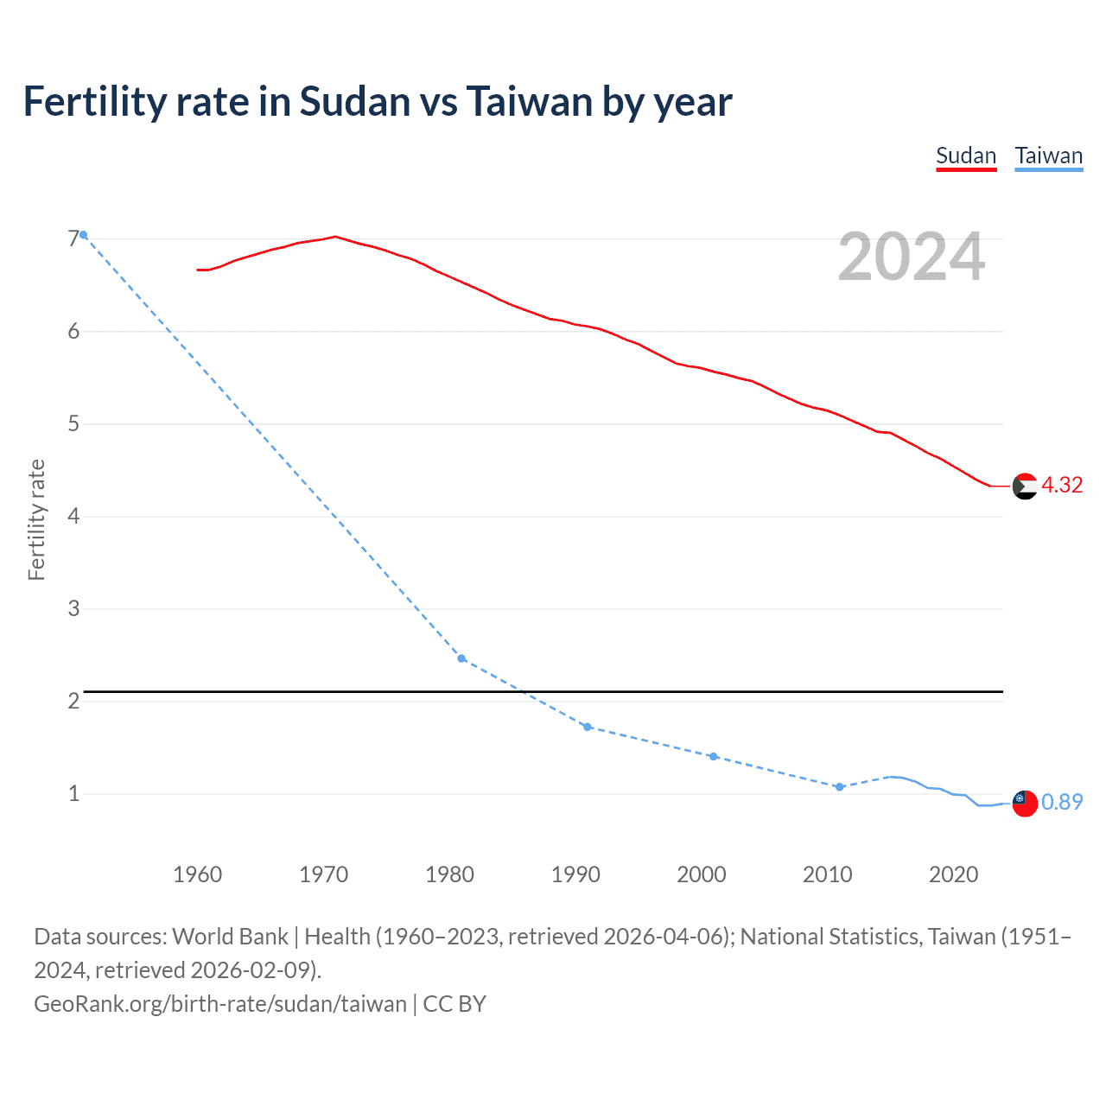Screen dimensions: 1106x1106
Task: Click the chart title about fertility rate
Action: [378, 102]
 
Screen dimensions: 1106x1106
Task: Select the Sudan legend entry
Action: [966, 156]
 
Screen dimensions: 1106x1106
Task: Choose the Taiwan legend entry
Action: [1048, 156]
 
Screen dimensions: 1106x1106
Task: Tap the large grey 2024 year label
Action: [911, 257]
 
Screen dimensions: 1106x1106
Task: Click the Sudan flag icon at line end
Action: [1025, 486]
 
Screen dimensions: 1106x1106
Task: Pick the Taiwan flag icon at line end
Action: [1025, 803]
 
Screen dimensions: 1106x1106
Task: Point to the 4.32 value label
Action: [1062, 485]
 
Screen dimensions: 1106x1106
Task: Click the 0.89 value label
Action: [1062, 802]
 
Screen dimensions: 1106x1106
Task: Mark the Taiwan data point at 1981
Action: [461, 658]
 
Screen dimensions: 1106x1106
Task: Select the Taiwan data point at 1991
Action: [588, 727]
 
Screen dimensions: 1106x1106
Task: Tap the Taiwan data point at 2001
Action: [714, 756]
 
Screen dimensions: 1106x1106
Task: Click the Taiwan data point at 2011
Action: [839, 787]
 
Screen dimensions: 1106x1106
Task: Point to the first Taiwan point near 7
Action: [83, 235]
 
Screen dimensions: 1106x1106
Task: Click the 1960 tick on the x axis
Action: [197, 874]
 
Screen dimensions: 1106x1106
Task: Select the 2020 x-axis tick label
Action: [953, 874]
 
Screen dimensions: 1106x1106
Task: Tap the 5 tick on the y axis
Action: [73, 423]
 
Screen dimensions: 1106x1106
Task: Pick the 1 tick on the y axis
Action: [73, 793]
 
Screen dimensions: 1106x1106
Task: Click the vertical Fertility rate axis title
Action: [36, 519]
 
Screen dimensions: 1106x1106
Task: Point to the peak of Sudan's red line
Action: [335, 236]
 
